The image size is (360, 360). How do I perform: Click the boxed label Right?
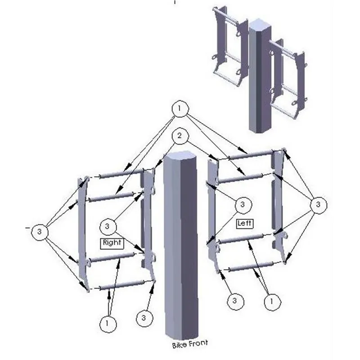tap(112, 243)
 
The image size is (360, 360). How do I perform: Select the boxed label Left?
tap(245, 223)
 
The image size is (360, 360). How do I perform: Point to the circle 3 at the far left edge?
tap(40, 232)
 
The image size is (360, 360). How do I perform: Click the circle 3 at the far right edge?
tap(318, 205)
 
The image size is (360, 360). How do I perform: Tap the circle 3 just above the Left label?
tap(243, 206)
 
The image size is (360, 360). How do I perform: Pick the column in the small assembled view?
tap(260, 76)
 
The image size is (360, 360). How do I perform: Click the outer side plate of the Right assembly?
tap(81, 229)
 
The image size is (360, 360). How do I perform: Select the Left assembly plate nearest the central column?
tap(213, 211)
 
